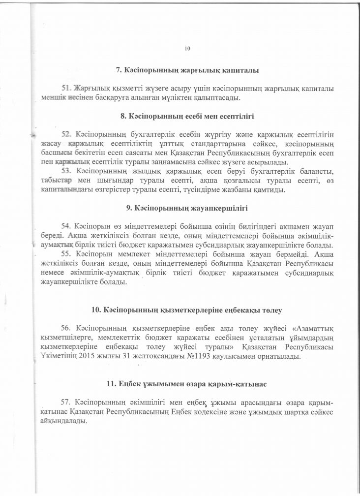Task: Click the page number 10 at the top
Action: [187, 48]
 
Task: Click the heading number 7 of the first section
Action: [118, 70]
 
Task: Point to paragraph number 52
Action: [66, 134]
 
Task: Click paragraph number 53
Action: [66, 171]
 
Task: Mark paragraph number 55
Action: [66, 254]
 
